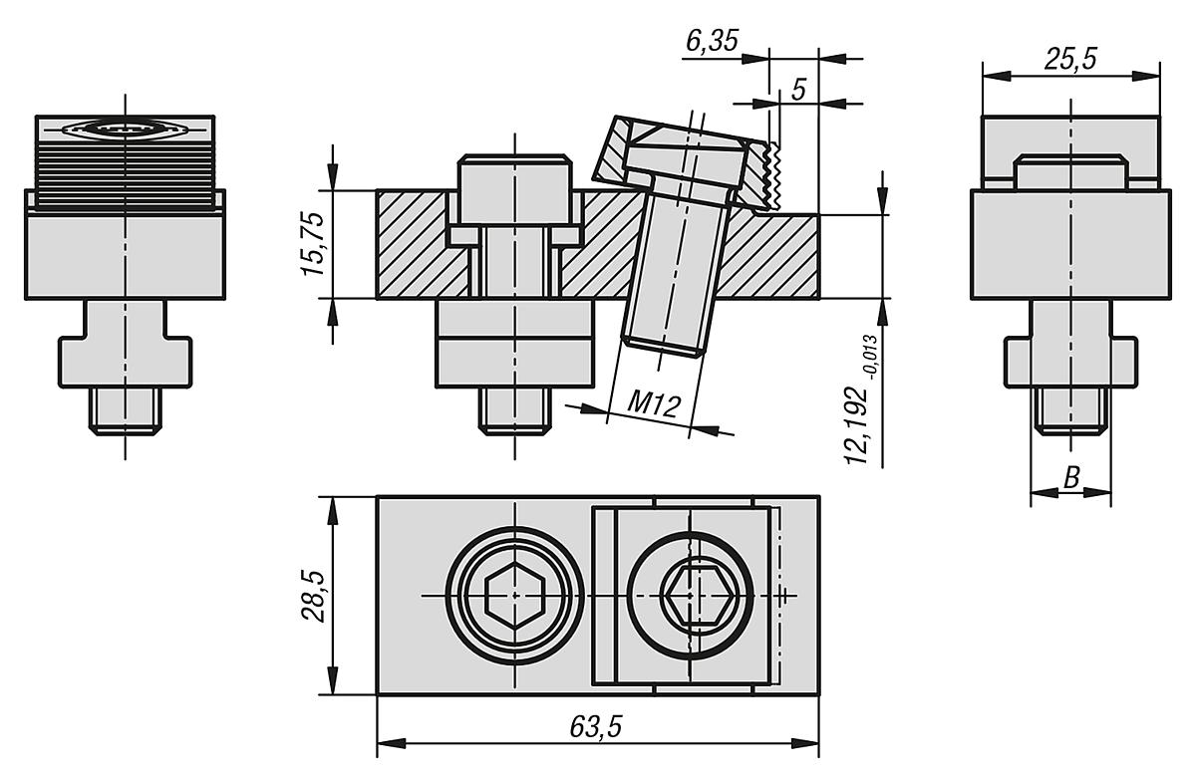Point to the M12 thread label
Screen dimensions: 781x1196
654,404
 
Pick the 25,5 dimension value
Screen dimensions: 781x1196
1070,60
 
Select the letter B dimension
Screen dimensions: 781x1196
1071,477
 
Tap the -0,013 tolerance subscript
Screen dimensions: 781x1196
874,352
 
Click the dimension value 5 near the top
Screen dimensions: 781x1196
798,89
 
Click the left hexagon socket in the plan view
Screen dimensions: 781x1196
513,596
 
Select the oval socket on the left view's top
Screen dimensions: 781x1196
125,129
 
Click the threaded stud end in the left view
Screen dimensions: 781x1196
125,409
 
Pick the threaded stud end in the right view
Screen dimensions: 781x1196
1070,409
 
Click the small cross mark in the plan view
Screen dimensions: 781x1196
786,596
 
